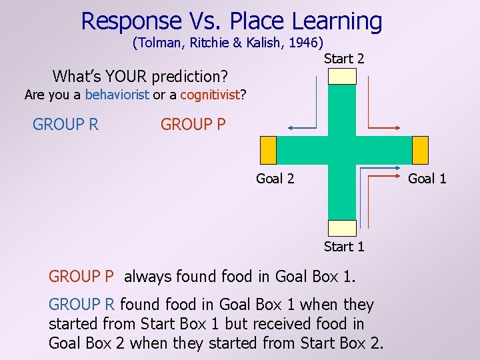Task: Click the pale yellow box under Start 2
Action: pyautogui.click(x=343, y=76)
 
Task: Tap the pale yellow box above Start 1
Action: pyautogui.click(x=343, y=228)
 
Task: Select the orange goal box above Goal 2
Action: pyautogui.click(x=268, y=150)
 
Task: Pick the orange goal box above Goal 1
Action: pyautogui.click(x=420, y=150)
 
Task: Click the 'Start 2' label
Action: pyautogui.click(x=344, y=59)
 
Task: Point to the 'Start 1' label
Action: pyautogui.click(x=344, y=247)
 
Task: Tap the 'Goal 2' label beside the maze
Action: pyautogui.click(x=275, y=178)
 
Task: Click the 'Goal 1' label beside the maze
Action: pyautogui.click(x=427, y=178)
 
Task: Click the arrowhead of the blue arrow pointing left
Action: pyautogui.click(x=291, y=127)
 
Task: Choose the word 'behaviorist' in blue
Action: pyautogui.click(x=117, y=95)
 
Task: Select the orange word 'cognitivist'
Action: pyautogui.click(x=209, y=95)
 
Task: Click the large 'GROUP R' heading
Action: pyautogui.click(x=65, y=125)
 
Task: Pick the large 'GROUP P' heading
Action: pyautogui.click(x=193, y=125)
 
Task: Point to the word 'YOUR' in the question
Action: pyautogui.click(x=127, y=75)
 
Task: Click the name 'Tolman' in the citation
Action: pyautogui.click(x=158, y=43)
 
